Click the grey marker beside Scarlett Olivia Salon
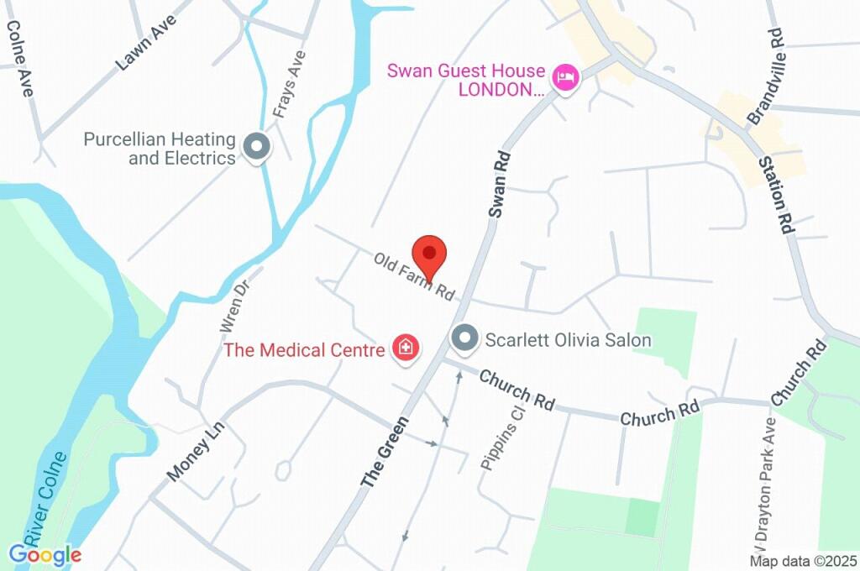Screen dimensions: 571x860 click(463, 339)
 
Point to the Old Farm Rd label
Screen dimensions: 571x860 click(414, 277)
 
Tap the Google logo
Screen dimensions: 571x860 click(45, 554)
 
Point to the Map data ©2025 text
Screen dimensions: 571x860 click(804, 561)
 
